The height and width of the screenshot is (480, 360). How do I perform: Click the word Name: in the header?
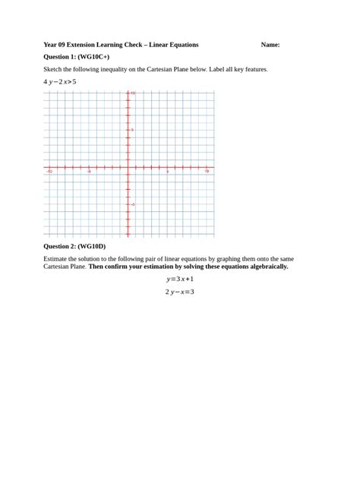click(x=270, y=45)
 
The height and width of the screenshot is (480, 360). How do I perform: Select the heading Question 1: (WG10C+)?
click(x=77, y=57)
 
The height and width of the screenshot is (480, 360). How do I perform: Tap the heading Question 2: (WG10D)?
click(x=74, y=246)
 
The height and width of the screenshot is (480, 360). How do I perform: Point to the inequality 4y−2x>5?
click(x=60, y=81)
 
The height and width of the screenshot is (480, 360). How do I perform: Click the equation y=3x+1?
click(x=180, y=279)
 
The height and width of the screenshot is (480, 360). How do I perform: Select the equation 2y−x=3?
click(x=180, y=292)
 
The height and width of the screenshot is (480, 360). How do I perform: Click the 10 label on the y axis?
click(x=132, y=93)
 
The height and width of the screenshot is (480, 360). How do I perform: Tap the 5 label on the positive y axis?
click(x=132, y=130)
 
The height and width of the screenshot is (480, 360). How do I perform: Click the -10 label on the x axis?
click(x=49, y=172)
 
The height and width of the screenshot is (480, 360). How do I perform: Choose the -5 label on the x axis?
click(x=89, y=172)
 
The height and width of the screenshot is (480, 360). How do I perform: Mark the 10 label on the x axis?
click(x=207, y=172)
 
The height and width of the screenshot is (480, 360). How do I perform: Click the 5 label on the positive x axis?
click(x=168, y=172)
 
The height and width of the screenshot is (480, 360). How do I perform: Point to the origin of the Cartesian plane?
click(x=128, y=167)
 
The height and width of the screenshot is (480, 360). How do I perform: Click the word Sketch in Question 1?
click(x=54, y=69)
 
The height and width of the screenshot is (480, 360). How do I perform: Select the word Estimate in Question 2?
click(x=58, y=258)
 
